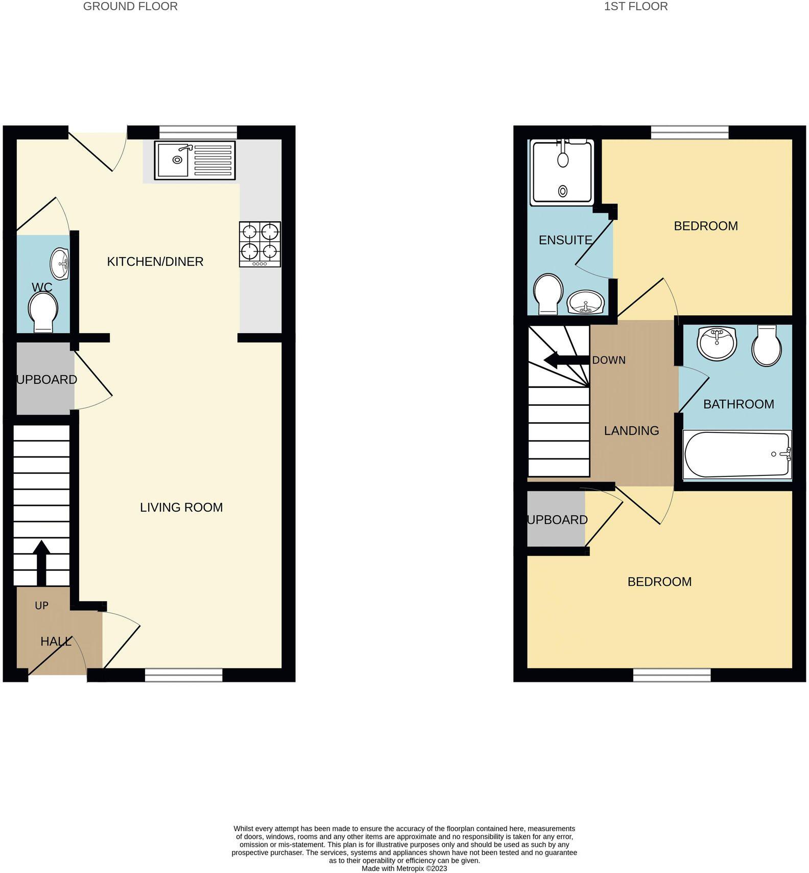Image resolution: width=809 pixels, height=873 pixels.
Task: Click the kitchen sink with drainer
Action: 195,160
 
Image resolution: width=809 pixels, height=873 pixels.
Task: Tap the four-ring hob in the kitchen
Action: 260,244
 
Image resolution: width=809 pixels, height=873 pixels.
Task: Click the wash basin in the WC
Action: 60,264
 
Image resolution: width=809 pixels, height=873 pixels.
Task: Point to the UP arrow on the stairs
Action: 41,562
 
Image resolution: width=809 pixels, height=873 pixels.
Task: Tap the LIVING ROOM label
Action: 181,508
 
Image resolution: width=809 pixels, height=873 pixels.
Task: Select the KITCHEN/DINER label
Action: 155,262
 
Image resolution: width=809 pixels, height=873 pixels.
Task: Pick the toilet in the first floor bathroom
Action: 766,346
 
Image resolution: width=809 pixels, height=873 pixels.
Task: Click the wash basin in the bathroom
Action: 717,343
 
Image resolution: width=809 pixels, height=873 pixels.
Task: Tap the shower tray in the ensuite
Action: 562,173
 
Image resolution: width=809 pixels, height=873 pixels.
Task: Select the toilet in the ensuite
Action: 547,295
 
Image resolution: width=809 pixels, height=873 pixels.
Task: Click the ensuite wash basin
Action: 586,303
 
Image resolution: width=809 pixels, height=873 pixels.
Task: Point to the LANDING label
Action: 631,431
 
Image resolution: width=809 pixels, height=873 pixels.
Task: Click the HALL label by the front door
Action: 56,641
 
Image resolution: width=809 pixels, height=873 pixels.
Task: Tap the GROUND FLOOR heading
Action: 130,7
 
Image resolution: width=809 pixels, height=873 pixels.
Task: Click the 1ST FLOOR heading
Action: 635,7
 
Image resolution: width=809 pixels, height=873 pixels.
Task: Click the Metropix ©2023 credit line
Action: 404,868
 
